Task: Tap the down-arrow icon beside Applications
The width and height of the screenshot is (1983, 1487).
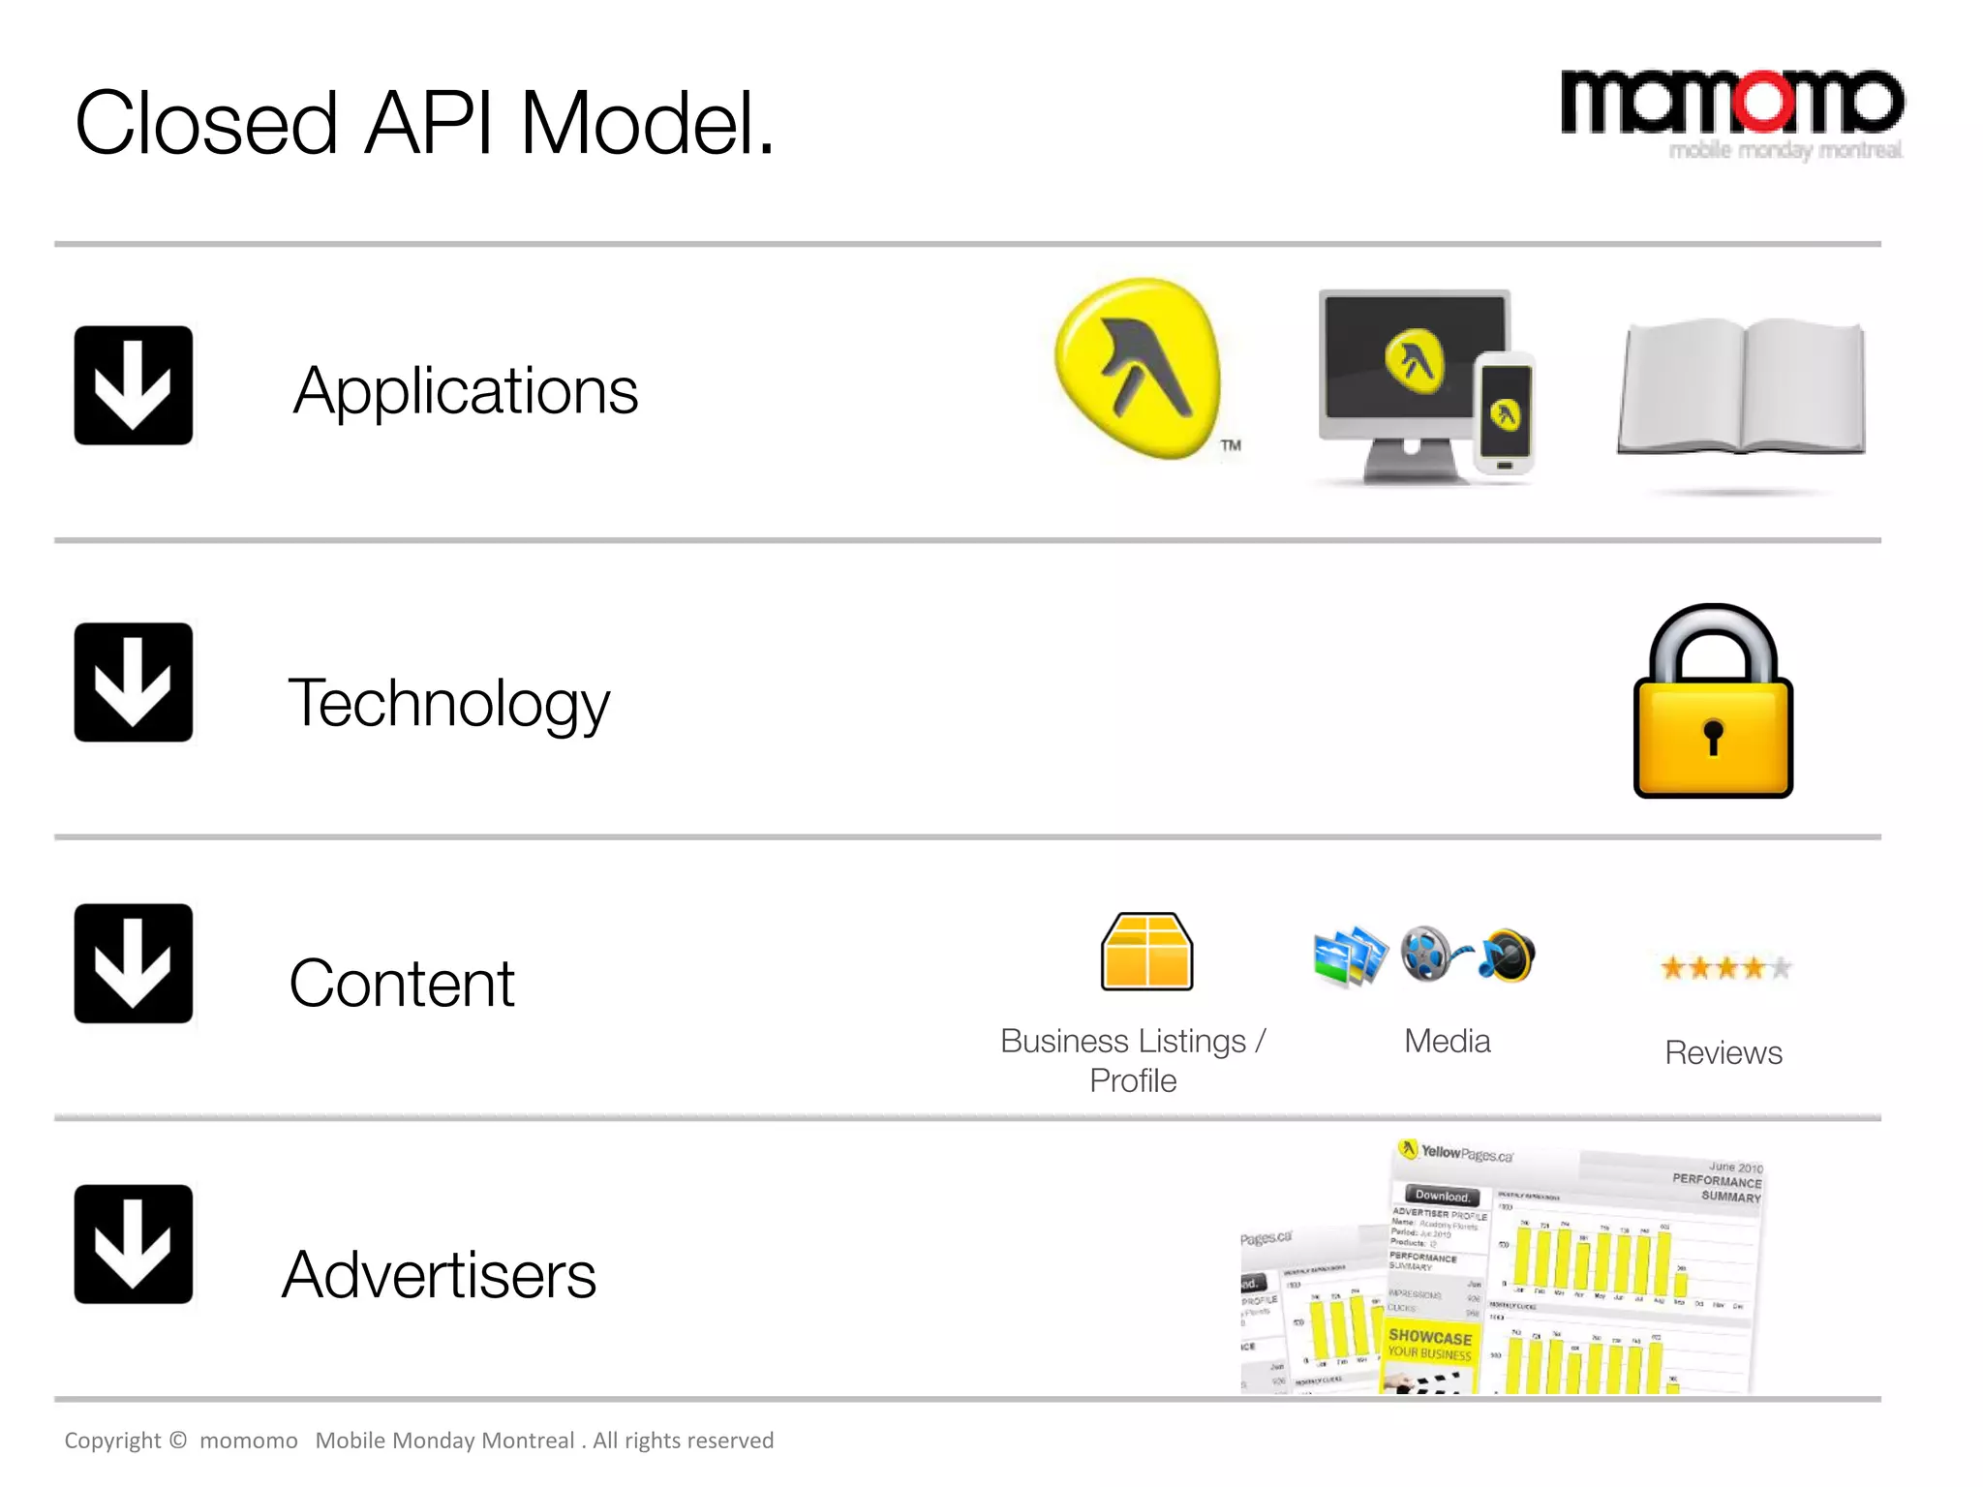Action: pos(134,385)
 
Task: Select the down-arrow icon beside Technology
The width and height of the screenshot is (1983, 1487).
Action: pos(134,683)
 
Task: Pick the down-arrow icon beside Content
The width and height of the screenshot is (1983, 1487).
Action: pos(134,963)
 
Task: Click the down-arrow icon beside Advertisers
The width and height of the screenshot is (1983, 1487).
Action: pos(134,1244)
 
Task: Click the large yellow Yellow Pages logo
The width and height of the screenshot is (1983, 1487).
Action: pos(1139,368)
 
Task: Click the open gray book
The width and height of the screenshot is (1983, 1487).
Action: pos(1742,387)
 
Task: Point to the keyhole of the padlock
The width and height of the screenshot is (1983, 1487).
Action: pos(1713,735)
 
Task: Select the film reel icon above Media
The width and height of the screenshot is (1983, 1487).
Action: pos(1427,954)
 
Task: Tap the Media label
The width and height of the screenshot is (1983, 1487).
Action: pos(1447,1041)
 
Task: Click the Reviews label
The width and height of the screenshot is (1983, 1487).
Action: pos(1723,1052)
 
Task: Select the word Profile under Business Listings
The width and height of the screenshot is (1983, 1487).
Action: pos(1133,1080)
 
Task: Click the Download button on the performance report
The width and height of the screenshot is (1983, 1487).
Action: pos(1443,1196)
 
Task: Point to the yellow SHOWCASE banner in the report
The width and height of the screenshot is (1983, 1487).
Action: pos(1430,1344)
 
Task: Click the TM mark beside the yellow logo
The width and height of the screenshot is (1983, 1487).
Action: pos(1231,445)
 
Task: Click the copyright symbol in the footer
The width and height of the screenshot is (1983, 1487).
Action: pos(178,1440)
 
